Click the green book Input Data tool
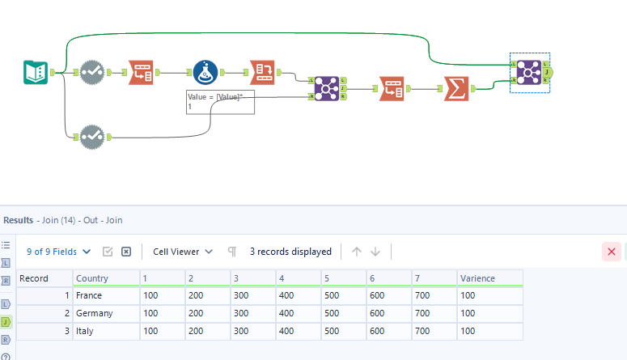(x=36, y=73)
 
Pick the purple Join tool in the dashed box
(x=530, y=73)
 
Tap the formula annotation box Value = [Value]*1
(x=220, y=102)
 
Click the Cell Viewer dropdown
(x=183, y=252)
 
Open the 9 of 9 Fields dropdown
(x=58, y=252)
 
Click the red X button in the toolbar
(x=612, y=252)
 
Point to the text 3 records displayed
(x=290, y=252)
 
